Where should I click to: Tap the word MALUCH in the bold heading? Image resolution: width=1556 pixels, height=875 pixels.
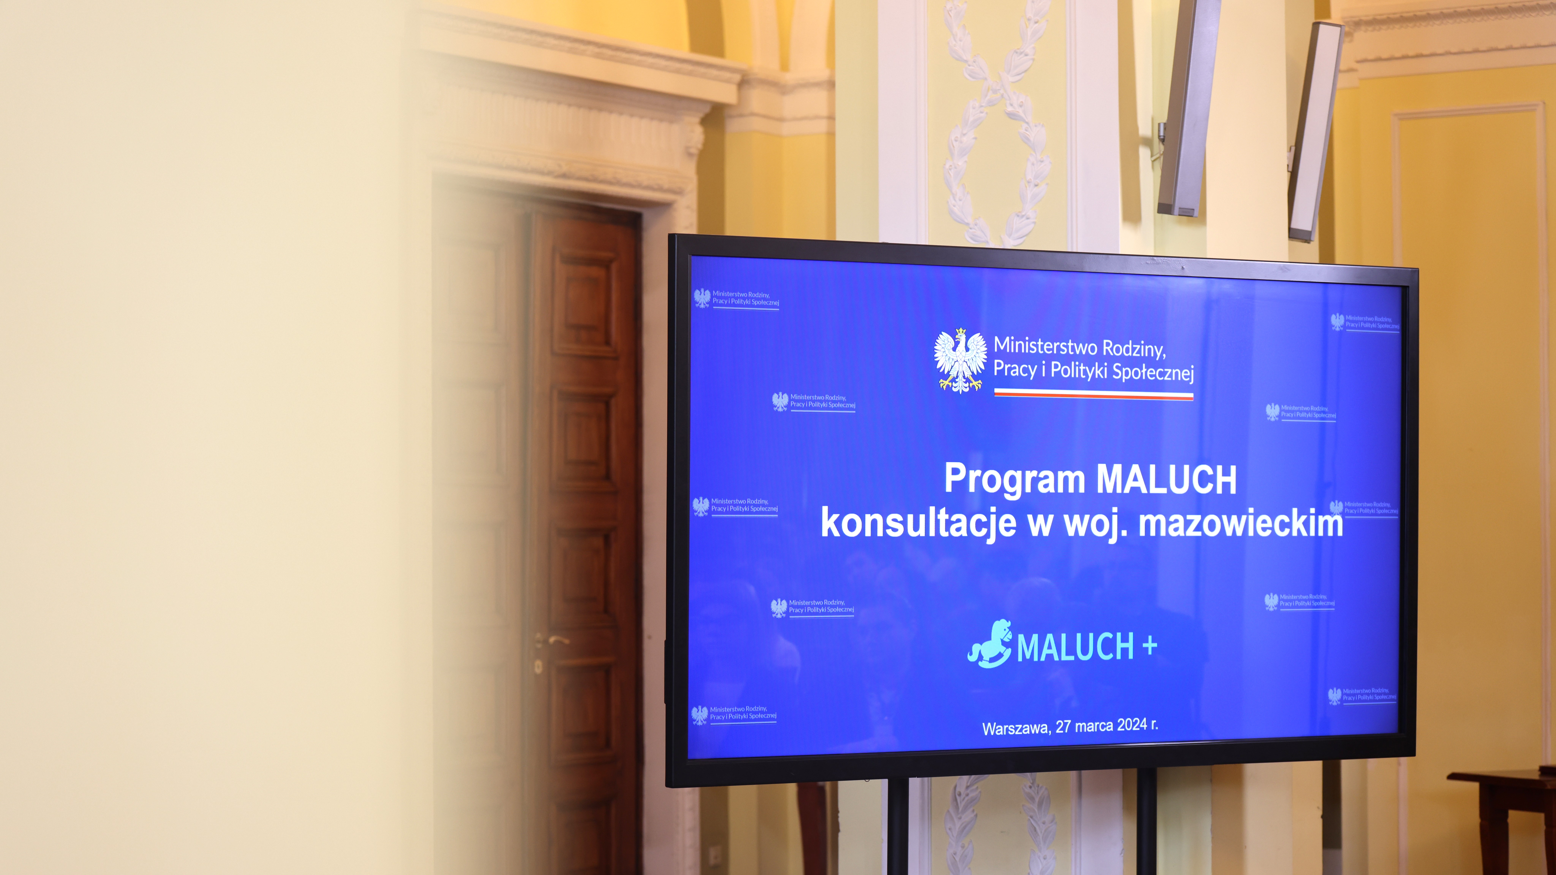(x=1166, y=480)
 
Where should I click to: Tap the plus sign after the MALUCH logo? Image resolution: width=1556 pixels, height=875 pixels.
(x=1150, y=646)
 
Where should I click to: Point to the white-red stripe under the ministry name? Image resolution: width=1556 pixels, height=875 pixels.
(x=1093, y=394)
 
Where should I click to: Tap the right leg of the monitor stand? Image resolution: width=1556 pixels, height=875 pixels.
(x=1146, y=821)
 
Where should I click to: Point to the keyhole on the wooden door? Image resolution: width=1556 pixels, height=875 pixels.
(x=538, y=667)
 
